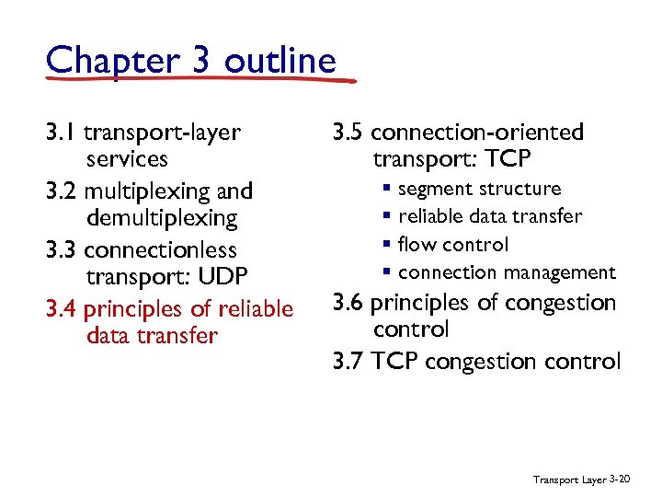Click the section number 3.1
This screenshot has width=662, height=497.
[61, 133]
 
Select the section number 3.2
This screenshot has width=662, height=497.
[61, 191]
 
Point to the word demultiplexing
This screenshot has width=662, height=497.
[162, 218]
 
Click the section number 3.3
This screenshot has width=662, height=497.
[61, 250]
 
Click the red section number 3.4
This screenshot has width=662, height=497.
[61, 308]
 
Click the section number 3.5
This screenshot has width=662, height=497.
[348, 133]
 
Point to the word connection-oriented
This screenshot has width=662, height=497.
[477, 133]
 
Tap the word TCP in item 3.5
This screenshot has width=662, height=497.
[505, 159]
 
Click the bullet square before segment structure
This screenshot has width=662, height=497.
[388, 190]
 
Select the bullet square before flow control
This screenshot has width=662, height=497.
[388, 245]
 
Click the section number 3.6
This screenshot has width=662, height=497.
[348, 303]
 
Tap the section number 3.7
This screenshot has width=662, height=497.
[348, 361]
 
